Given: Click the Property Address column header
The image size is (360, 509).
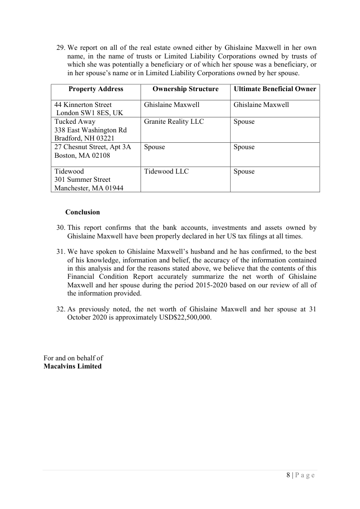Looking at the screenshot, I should coord(96,89).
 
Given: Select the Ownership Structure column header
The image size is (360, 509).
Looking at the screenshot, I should coord(185,89).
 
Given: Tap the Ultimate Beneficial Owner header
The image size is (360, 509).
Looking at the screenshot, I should coord(275,89).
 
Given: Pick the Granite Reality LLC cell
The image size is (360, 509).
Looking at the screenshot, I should coord(174,121).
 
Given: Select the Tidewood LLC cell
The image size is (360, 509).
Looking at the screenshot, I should coord(166,171).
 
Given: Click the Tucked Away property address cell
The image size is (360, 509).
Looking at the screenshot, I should coord(90,130).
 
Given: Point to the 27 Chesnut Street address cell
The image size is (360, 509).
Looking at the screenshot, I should coord(92,151).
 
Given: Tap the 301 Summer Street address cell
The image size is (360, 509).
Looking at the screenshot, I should coord(82,180).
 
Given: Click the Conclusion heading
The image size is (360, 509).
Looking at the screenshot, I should coord(83,212).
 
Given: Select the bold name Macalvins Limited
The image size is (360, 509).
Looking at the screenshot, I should coord(73,366).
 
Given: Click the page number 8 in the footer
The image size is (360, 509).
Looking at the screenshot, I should coord(288,475).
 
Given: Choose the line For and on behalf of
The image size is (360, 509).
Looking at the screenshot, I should coord(73,358).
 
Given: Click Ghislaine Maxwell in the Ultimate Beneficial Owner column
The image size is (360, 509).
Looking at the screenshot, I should coord(261,105).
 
